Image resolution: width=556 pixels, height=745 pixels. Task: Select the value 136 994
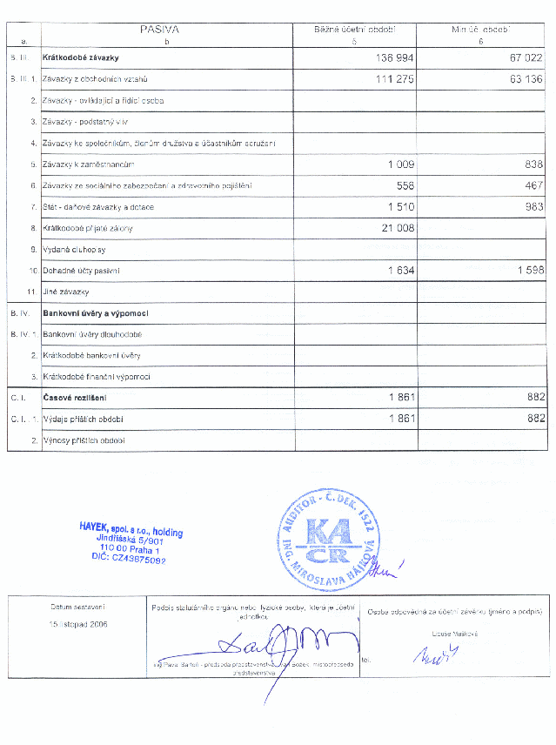[x=392, y=57]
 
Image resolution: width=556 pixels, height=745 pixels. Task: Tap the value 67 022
[x=522, y=57]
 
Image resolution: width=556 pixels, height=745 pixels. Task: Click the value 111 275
[x=392, y=79]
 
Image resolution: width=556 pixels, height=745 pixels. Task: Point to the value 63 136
[x=522, y=79]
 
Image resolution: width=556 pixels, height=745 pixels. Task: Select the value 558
[x=405, y=185]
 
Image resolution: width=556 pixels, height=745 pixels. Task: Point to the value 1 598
[x=529, y=271]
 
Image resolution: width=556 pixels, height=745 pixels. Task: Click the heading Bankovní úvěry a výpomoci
[x=96, y=312]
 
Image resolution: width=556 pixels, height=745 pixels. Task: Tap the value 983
[x=533, y=207]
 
